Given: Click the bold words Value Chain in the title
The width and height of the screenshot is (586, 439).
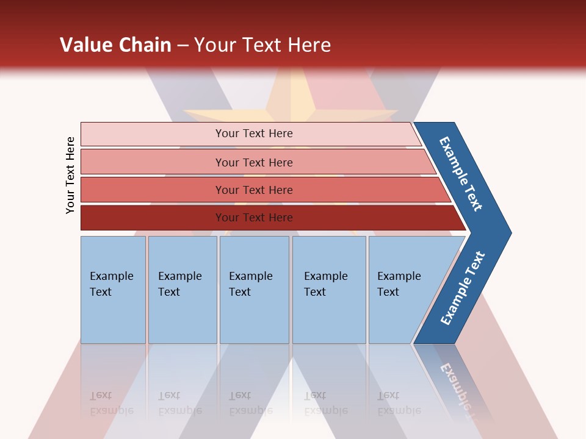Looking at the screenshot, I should click(115, 45).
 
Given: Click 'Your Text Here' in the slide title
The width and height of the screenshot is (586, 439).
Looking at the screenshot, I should click(262, 45).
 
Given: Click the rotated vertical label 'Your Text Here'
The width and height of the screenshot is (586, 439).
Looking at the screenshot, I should click(70, 175).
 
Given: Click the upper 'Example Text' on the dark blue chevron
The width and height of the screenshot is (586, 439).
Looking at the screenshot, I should click(461, 174).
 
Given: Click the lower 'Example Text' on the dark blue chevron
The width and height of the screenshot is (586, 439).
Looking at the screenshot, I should click(463, 288).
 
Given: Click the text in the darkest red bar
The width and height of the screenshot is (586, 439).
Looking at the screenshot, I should click(254, 218).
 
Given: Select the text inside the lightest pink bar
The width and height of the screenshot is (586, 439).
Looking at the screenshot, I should click(254, 134).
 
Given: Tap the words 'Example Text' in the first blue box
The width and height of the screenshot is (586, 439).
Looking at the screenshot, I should click(111, 284).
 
